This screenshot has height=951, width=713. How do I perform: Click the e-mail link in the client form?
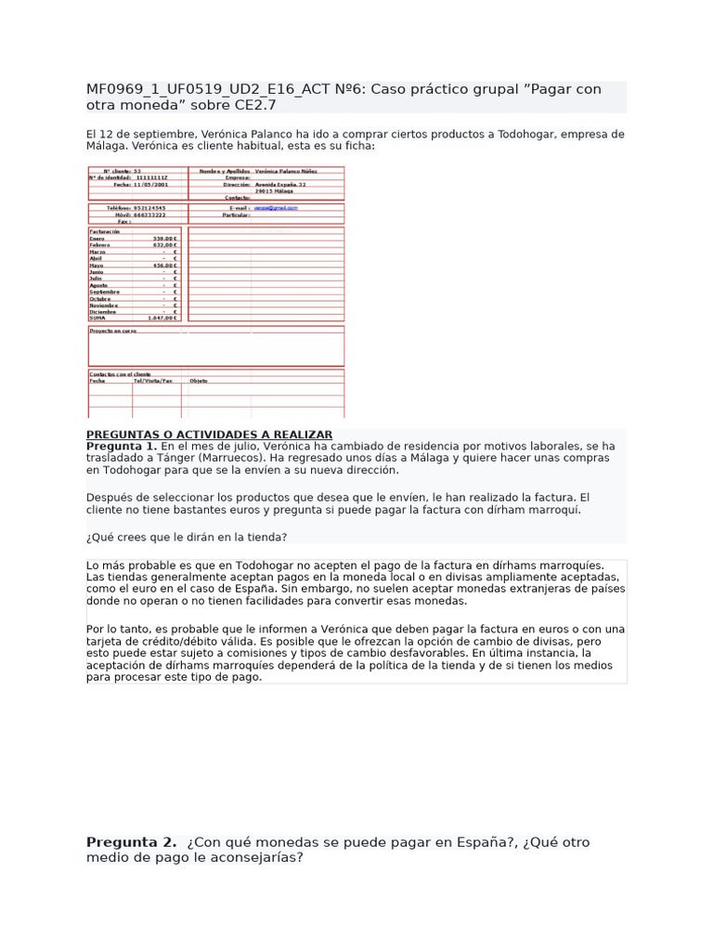pos(276,208)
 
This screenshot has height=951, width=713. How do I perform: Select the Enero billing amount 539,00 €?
pos(164,239)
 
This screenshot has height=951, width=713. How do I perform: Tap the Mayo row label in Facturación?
pos(97,265)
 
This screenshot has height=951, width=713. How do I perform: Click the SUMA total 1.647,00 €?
pos(162,318)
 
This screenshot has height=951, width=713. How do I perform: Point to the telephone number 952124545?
pos(149,208)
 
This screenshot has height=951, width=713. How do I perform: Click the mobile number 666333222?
pos(149,215)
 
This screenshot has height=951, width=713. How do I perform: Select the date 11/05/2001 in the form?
pos(149,185)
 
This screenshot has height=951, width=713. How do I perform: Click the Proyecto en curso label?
pos(113,331)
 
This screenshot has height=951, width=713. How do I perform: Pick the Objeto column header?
pos(199,381)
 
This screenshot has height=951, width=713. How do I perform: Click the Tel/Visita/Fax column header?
pos(153,381)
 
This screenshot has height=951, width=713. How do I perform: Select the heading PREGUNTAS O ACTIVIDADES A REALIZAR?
pos(209,435)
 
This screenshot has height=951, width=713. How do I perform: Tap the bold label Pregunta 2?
pos(131,842)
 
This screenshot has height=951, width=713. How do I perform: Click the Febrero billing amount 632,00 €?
pos(164,245)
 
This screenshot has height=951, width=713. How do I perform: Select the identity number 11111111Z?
pos(152,178)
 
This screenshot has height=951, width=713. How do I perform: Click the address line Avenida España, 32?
pos(280,185)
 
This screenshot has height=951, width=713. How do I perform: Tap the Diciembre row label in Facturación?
pos(103,311)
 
